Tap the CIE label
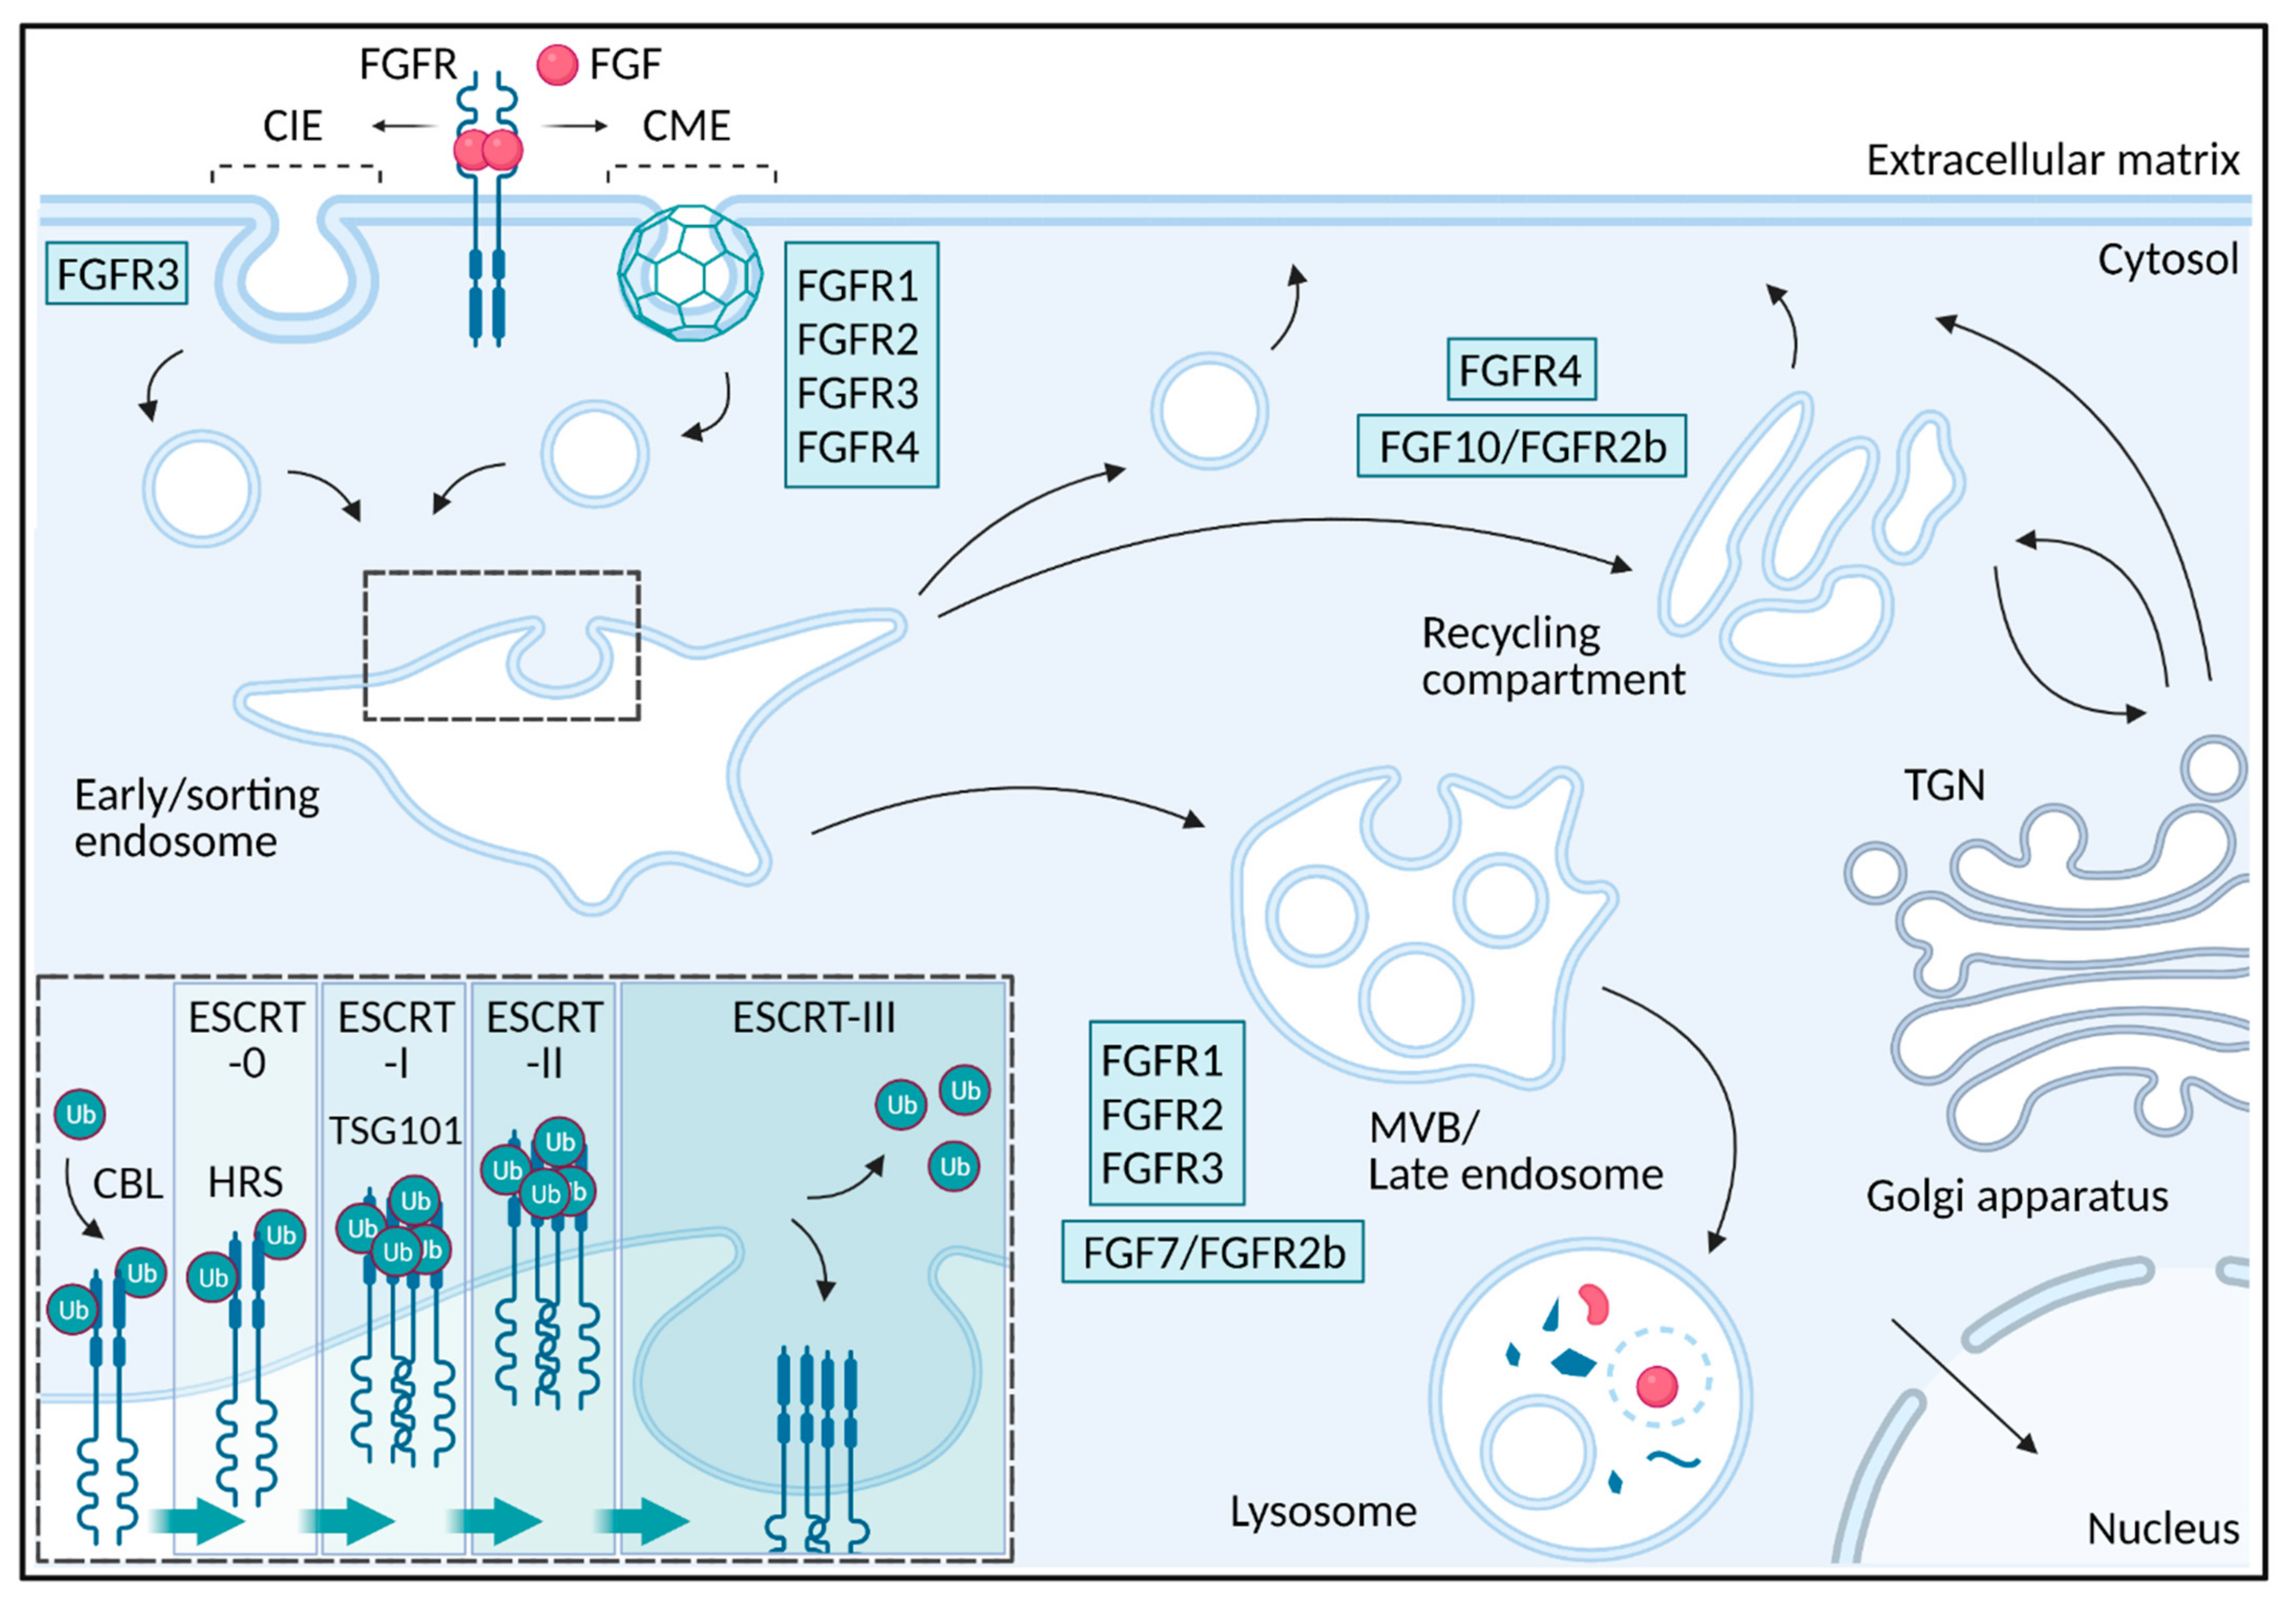293,127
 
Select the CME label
686,127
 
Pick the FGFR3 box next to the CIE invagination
117,275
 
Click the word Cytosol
2167,260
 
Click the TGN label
1944,786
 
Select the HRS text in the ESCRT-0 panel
245,1182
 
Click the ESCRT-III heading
814,1018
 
